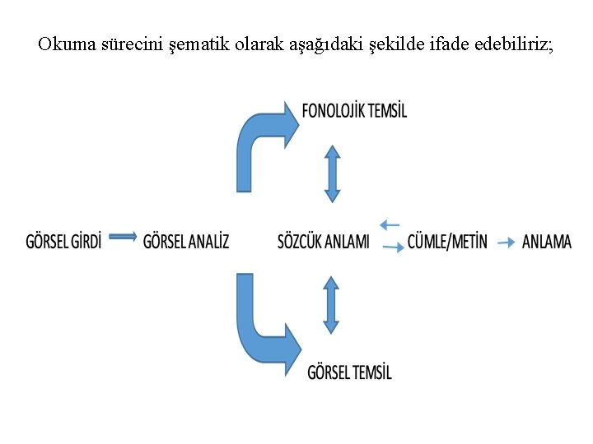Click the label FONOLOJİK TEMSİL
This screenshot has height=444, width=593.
354,111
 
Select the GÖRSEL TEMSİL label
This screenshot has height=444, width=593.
349,372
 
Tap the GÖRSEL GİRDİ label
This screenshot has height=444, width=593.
64,242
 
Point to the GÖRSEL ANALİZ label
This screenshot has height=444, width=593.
186,242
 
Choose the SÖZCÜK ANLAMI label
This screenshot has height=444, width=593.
324,242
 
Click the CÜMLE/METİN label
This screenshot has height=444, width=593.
447,242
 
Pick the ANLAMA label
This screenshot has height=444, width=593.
547,242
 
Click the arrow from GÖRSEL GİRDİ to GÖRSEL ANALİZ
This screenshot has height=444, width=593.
123,237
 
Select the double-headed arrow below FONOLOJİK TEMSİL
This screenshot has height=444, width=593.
332,173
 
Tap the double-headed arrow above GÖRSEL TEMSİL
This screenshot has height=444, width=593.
331,304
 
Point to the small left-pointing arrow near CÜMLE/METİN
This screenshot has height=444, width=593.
390,224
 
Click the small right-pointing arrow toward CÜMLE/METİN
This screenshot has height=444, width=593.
393,246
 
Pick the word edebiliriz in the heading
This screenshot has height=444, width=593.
515,44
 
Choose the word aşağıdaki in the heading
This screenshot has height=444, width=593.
317,46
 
